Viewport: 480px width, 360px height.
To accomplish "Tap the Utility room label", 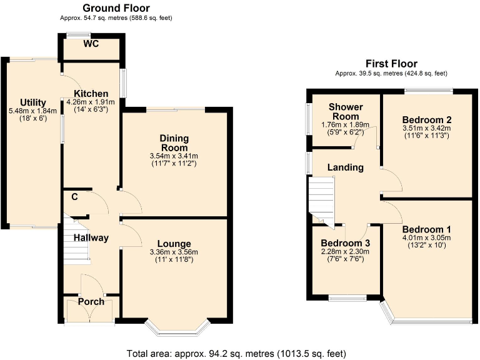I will tap(32, 102).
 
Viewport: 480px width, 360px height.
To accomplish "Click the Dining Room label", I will tap(174, 142).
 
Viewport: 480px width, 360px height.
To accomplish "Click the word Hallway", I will tap(91, 237).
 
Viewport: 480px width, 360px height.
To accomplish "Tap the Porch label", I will tap(91, 302).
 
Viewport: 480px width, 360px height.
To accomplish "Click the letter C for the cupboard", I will tap(74, 197).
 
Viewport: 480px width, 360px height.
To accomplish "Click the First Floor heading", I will tap(391, 64).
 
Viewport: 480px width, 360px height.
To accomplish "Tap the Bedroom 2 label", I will tap(427, 119).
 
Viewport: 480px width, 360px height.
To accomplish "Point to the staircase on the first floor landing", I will tap(322, 199).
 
